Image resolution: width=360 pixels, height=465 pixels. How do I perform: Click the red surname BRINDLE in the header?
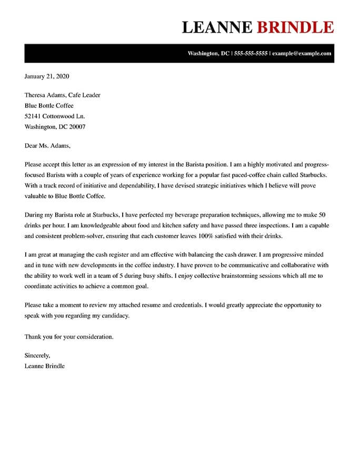pyautogui.click(x=295, y=27)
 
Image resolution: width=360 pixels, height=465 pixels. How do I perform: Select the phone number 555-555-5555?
pyautogui.click(x=251, y=54)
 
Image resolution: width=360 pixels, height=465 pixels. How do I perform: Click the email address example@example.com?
pyautogui.click(x=302, y=54)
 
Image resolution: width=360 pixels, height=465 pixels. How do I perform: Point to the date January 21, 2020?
pyautogui.click(x=47, y=76)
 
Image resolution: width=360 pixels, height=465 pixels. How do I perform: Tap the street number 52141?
pyautogui.click(x=34, y=116)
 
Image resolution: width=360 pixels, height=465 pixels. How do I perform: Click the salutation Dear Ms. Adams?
pyautogui.click(x=47, y=146)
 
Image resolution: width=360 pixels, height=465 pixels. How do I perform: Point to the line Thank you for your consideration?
pyautogui.click(x=69, y=336)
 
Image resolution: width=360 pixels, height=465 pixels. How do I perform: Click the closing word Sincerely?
pyautogui.click(x=37, y=356)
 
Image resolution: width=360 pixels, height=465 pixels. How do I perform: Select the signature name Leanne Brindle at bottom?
pyautogui.click(x=45, y=366)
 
